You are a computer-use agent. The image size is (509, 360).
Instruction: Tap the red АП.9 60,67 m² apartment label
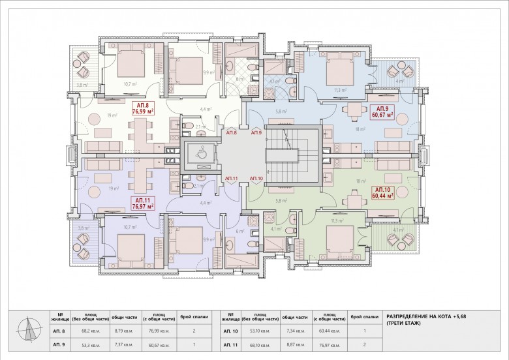(x=382, y=112)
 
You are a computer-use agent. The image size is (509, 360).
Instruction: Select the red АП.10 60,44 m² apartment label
(x=382, y=192)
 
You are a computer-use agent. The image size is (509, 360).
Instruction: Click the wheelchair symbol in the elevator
(x=199, y=155)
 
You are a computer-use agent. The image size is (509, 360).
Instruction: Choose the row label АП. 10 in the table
(x=231, y=331)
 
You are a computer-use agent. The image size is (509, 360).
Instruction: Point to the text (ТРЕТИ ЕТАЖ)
(x=403, y=323)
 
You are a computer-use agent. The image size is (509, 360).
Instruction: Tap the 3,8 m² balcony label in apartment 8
(x=82, y=85)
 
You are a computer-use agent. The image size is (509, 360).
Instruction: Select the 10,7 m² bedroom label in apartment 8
(x=130, y=83)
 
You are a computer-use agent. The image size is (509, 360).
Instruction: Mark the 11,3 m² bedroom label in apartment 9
(x=338, y=90)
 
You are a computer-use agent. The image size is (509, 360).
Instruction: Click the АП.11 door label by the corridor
(x=231, y=178)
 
